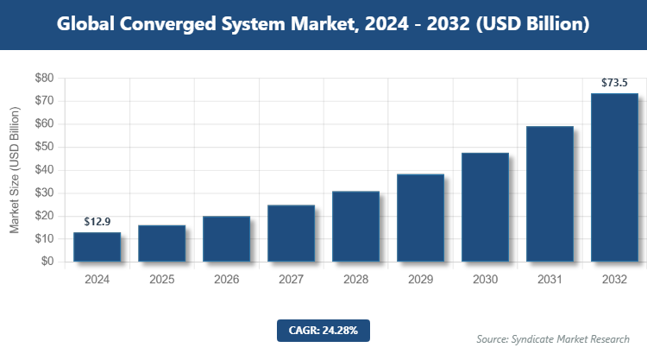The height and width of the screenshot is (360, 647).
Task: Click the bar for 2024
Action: click(97, 247)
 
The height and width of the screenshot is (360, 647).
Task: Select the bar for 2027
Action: click(291, 233)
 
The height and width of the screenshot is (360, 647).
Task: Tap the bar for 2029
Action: click(420, 218)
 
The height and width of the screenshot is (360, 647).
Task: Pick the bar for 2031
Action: click(550, 194)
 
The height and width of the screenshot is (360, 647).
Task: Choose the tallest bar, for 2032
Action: click(614, 177)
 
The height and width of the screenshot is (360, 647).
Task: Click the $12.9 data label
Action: click(97, 222)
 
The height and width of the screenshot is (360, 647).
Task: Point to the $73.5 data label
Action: click(614, 83)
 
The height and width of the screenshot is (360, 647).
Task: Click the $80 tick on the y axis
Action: click(44, 78)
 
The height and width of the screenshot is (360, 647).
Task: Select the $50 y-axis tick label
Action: click(44, 147)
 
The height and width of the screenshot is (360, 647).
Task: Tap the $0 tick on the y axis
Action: click(47, 262)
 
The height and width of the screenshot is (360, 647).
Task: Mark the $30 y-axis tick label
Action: click(44, 193)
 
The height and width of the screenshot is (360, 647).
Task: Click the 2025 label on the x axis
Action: click(161, 280)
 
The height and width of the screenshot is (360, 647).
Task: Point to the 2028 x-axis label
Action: click(355, 280)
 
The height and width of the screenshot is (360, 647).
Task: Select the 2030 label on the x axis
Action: click(485, 280)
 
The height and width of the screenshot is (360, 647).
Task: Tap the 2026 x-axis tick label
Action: click(226, 280)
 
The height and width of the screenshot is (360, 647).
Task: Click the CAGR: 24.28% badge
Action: click(323, 330)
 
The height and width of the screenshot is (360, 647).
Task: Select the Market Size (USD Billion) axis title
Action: click(15, 170)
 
